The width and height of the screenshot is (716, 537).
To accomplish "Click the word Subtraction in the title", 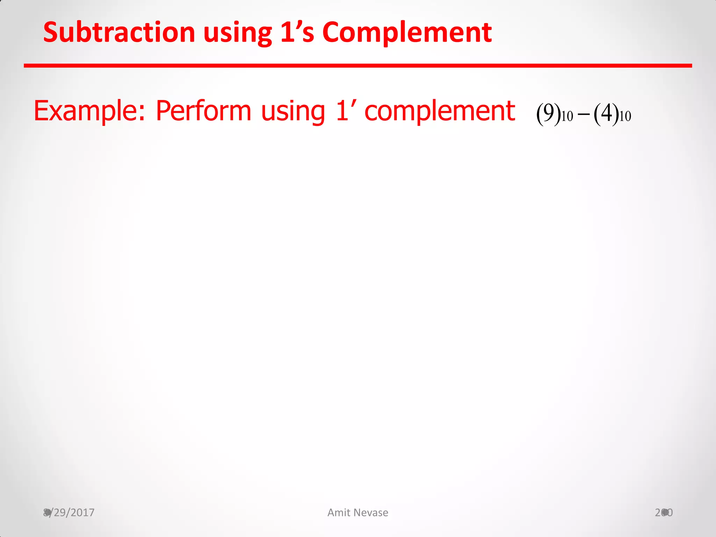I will coord(119,32).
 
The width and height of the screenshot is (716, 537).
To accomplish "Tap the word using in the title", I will coord(238,33).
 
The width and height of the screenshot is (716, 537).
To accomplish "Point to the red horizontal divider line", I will coord(358,65).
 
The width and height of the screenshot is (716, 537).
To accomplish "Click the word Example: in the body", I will coord(89,111).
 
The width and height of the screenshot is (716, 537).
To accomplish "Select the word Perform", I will coord(203,110).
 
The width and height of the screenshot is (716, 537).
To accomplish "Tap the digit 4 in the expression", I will coord(607,113).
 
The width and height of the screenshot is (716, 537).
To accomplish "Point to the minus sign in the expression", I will coord(583,115).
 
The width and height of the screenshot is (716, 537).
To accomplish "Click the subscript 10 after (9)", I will coord(567,117).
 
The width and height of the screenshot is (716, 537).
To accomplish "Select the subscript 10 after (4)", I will coord(625,117).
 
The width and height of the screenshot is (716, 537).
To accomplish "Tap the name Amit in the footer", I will coord(338,513).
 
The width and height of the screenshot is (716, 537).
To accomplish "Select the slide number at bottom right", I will coord(664,513).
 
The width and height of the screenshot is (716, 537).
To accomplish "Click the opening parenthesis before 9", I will coord(539,114).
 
